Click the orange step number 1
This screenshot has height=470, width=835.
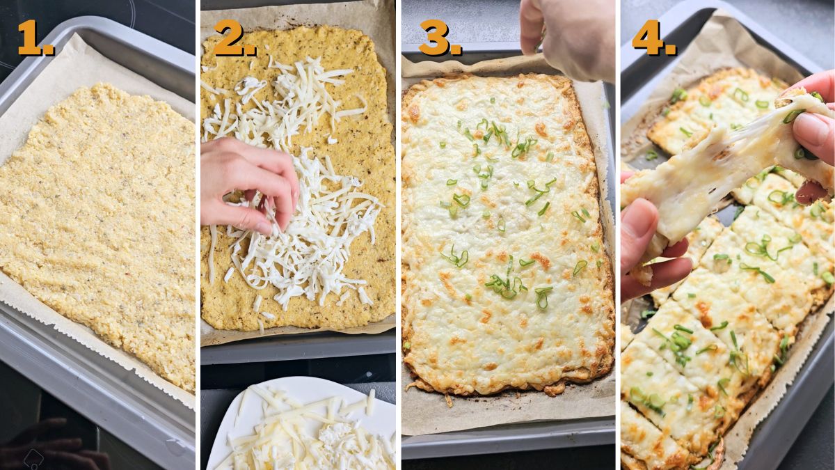pyautogui.click(x=33, y=38)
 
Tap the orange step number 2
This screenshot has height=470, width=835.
pyautogui.click(x=233, y=38)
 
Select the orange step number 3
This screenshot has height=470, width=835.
pyautogui.click(x=438, y=38)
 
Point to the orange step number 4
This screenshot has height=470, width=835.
pyautogui.click(x=653, y=38)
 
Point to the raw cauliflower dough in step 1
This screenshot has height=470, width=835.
pyautogui.click(x=97, y=230)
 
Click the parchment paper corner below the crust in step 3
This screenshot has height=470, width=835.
pyautogui.click(x=431, y=418)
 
